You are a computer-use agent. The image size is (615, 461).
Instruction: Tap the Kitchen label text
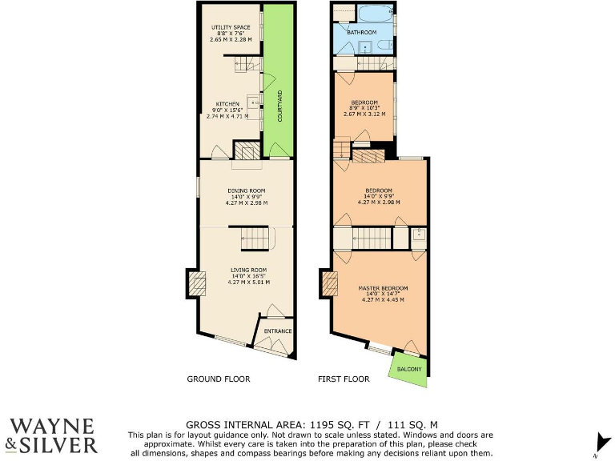(226, 104)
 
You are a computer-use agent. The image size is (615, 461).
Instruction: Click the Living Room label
(248, 270)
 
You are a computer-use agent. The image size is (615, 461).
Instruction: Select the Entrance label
(277, 331)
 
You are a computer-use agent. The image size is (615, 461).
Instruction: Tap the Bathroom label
(363, 32)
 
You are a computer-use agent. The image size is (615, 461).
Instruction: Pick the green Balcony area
(408, 369)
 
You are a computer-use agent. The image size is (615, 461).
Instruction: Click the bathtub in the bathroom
(375, 12)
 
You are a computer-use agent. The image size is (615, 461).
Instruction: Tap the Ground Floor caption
(218, 379)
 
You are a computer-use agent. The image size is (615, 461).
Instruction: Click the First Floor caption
(344, 379)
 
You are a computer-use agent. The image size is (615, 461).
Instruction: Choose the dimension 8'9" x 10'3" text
(365, 108)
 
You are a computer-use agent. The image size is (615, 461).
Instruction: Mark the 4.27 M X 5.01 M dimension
(248, 283)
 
